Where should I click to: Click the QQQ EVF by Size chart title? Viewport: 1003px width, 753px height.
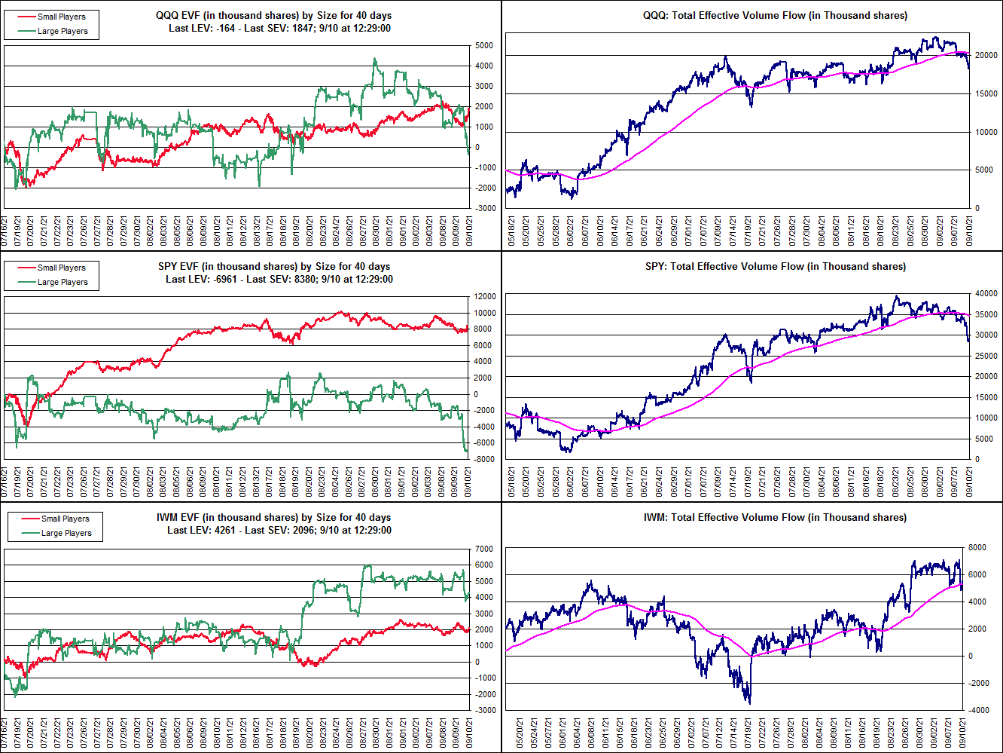[x=273, y=15]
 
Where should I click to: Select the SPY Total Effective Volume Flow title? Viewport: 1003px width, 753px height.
[x=776, y=266]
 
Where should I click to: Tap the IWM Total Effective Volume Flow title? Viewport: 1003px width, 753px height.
[x=775, y=517]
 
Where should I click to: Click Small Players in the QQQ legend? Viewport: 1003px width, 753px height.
[x=62, y=17]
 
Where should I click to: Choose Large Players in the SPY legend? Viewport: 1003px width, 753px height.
[x=63, y=282]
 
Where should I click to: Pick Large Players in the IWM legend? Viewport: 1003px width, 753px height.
[x=67, y=533]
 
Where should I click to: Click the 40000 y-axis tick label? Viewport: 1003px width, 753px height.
[x=986, y=293]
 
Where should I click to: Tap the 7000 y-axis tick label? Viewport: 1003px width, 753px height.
[x=483, y=549]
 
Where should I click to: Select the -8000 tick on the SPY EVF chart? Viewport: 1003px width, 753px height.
[x=484, y=459]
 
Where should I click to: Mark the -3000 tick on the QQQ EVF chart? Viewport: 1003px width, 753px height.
[x=484, y=208]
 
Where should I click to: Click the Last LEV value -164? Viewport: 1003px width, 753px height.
[x=225, y=29]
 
